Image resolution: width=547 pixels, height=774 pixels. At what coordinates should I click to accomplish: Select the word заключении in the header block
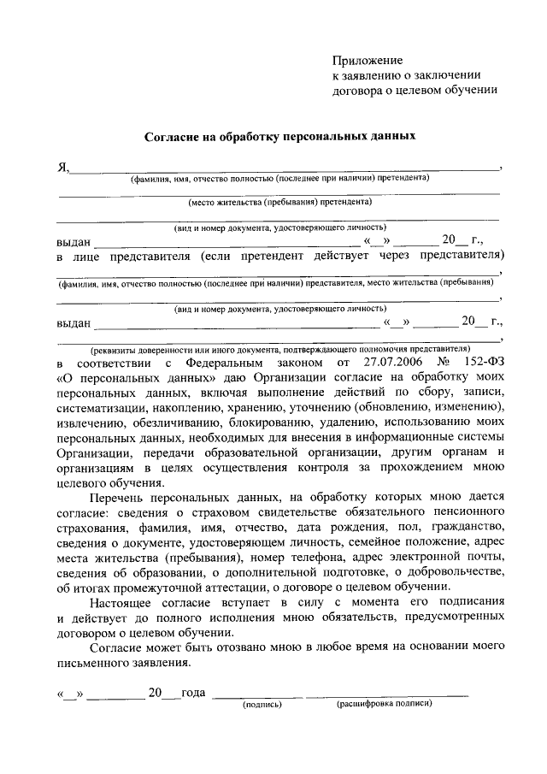point(450,74)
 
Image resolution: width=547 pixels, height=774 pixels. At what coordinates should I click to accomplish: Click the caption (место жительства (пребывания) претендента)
point(279,203)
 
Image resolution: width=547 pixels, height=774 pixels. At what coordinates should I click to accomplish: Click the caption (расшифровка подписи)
point(384,704)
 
